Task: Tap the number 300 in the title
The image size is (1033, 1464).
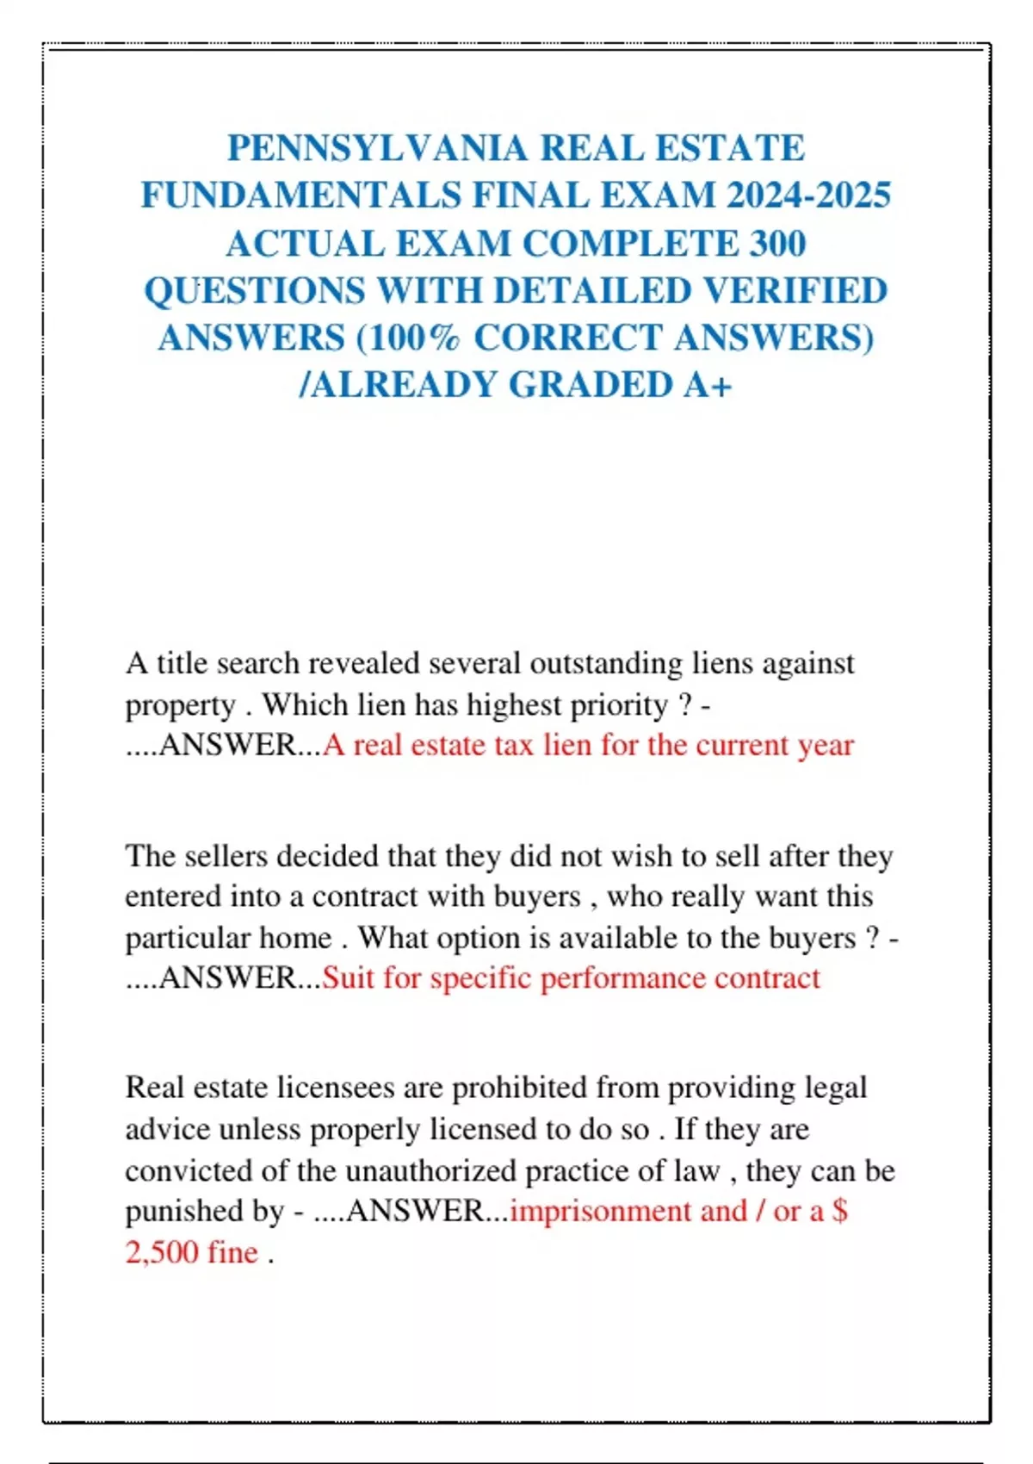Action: point(777,243)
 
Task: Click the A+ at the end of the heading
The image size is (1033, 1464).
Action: point(708,385)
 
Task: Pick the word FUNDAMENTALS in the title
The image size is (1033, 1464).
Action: point(301,195)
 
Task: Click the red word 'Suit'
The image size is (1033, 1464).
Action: point(348,978)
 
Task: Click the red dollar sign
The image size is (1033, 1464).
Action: point(840,1212)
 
